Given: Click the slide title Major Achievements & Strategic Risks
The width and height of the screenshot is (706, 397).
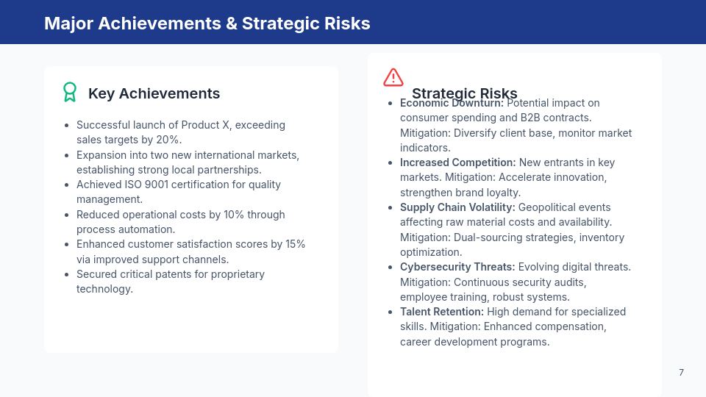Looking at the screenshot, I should [207, 23].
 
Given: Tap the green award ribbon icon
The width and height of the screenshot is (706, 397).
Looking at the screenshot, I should [70, 92].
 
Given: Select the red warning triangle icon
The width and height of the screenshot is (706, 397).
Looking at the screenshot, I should [393, 77].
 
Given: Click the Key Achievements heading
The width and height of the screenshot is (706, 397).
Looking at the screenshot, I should [154, 93].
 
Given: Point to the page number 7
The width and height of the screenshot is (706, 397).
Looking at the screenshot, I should [681, 373].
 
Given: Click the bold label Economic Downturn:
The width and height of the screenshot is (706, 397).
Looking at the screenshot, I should [452, 103].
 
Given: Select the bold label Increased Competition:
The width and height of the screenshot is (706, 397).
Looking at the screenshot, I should [457, 162].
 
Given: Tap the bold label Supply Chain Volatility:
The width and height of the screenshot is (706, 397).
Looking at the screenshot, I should [457, 207].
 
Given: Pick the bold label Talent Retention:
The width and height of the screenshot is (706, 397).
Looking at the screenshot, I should [441, 312].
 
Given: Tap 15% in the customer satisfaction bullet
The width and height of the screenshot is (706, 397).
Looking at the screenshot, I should [294, 244].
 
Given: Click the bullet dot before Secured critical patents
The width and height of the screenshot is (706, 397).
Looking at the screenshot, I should [67, 274].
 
